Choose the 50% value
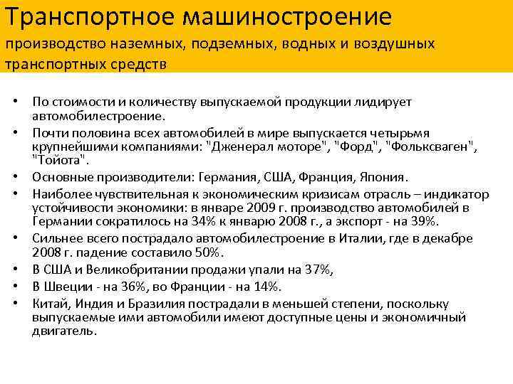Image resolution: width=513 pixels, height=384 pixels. (x=208, y=252)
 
